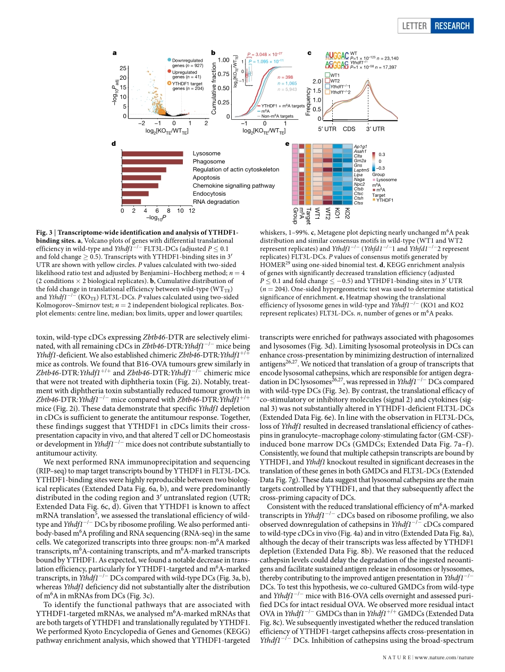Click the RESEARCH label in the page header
tap(452, 26)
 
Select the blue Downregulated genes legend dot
tap(169, 60)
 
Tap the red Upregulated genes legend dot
tap(169, 71)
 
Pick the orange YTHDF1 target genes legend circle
tap(169, 83)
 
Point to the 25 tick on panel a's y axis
tap(123, 68)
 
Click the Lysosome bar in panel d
tap(153, 154)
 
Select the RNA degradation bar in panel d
tap(132, 202)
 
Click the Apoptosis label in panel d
tap(206, 178)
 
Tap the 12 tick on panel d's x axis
tap(192, 211)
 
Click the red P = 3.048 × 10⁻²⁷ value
tap(264, 54)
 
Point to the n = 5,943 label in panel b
tap(287, 89)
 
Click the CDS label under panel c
tap(349, 129)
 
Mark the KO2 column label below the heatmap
tap(347, 214)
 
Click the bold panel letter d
tap(114, 144)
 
